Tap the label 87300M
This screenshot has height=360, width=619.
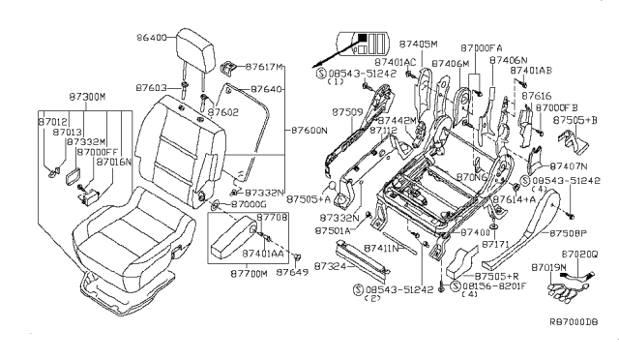point(88,99)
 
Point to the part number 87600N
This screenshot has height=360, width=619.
point(309,129)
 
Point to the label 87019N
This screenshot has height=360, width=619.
point(549,265)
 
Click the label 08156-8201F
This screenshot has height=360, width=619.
point(493,287)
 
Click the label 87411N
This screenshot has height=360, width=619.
point(380,249)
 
